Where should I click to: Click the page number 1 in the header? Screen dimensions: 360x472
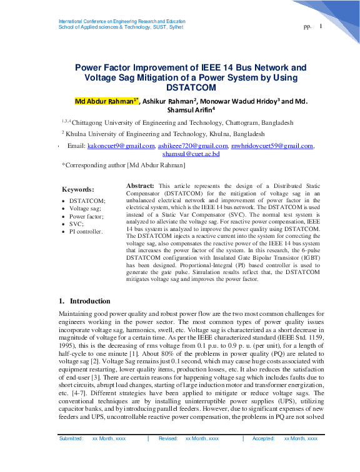click(321, 26)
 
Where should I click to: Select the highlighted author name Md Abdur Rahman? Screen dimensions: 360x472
click(105, 101)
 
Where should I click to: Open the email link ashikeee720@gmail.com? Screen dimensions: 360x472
click(192, 145)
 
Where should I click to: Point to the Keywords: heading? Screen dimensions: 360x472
click(78, 189)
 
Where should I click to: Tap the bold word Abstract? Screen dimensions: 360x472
click(141, 186)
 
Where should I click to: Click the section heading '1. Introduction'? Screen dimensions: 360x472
click(84, 301)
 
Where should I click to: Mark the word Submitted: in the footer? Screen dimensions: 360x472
click(71, 456)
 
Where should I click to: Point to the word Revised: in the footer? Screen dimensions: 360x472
click(168, 456)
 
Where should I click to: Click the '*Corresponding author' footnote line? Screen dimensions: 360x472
click(123, 165)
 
